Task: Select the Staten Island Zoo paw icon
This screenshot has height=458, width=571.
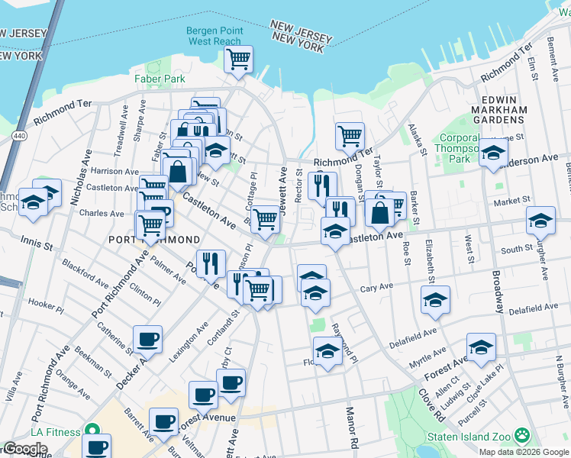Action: pyautogui.click(x=522, y=436)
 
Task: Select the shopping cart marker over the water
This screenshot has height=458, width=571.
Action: pyautogui.click(x=239, y=59)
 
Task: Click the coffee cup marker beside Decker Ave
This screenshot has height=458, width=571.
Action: pyautogui.click(x=147, y=338)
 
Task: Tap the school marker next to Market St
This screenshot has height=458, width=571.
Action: pyautogui.click(x=540, y=221)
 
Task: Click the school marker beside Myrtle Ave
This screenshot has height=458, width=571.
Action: pyautogui.click(x=481, y=347)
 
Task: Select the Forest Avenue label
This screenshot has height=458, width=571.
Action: pyautogui.click(x=218, y=418)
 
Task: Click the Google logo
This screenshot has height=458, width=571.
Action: pyautogui.click(x=25, y=449)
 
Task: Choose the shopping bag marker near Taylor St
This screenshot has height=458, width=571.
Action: pyautogui.click(x=379, y=211)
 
